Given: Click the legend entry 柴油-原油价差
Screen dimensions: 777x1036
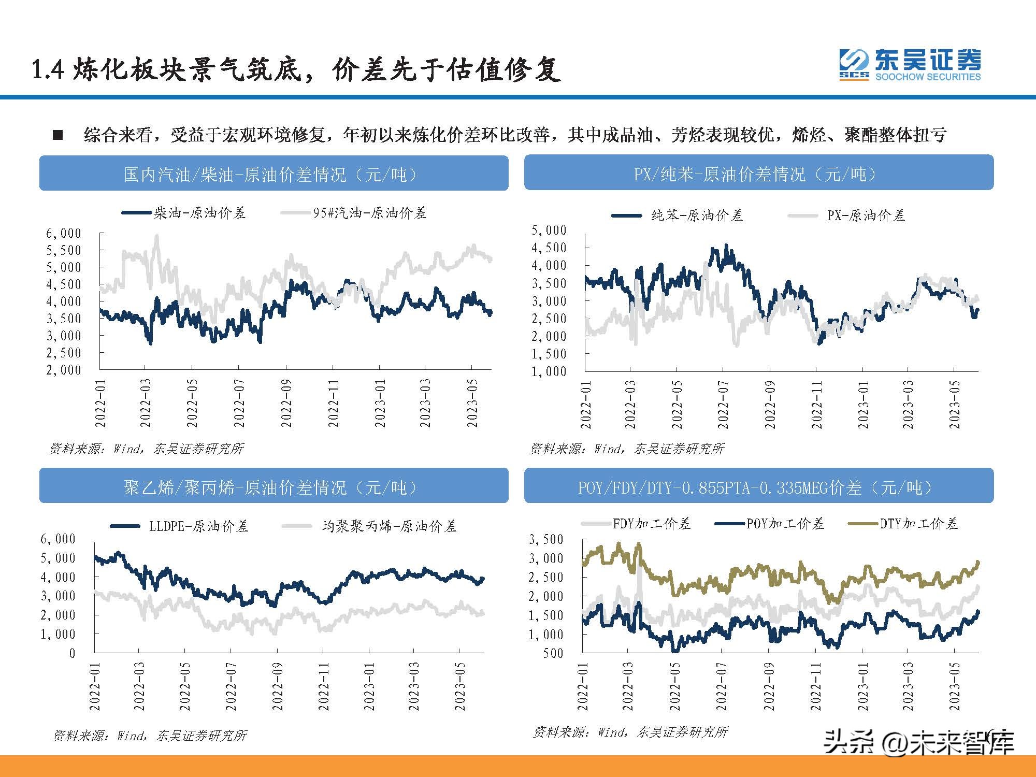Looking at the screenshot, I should [199, 213].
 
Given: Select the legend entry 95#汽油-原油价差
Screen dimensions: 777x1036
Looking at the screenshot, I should [369, 213].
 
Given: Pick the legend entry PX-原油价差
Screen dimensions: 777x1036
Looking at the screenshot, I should [865, 216].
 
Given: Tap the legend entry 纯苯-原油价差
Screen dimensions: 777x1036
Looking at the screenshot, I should [696, 216].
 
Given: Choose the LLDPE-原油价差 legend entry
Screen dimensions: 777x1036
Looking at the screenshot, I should [198, 527].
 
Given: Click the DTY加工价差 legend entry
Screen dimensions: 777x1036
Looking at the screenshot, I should [918, 524].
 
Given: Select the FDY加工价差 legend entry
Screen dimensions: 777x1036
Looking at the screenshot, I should [651, 524].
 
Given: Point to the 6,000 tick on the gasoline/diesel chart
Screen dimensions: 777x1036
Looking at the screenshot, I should [64, 234].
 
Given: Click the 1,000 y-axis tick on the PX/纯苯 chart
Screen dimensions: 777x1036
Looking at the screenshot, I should [549, 371].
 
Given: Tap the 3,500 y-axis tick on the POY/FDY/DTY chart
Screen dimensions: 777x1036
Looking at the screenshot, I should [545, 539].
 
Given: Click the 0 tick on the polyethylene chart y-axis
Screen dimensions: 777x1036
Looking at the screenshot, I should [73, 653].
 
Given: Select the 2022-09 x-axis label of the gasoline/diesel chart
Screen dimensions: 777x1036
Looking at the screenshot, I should [286, 404].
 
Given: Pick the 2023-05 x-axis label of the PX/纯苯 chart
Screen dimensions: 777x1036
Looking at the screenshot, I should [954, 405].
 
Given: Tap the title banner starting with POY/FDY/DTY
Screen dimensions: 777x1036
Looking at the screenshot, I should [758, 487].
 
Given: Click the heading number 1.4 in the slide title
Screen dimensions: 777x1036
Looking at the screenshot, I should [48, 70].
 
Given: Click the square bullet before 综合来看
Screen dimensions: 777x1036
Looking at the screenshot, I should [58, 136].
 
